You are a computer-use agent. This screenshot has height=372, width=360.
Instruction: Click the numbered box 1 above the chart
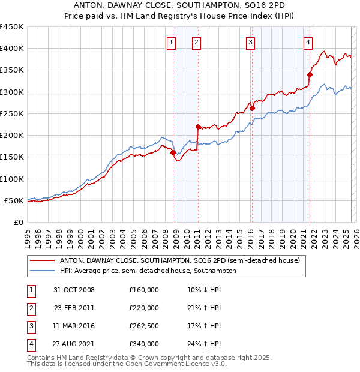coord(172,42)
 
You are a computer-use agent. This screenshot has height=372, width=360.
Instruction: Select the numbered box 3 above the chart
coord(250,42)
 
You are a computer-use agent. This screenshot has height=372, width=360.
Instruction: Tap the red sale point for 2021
coord(310,74)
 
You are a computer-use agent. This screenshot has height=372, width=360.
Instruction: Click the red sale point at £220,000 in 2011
coord(197,127)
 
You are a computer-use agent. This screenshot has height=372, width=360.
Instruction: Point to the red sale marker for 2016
coord(252,108)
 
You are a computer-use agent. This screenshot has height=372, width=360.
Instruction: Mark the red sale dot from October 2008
coord(173,153)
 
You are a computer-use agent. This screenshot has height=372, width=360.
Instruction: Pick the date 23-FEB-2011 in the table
coord(74,308)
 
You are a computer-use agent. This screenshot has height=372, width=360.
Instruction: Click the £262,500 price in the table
coord(144,326)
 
